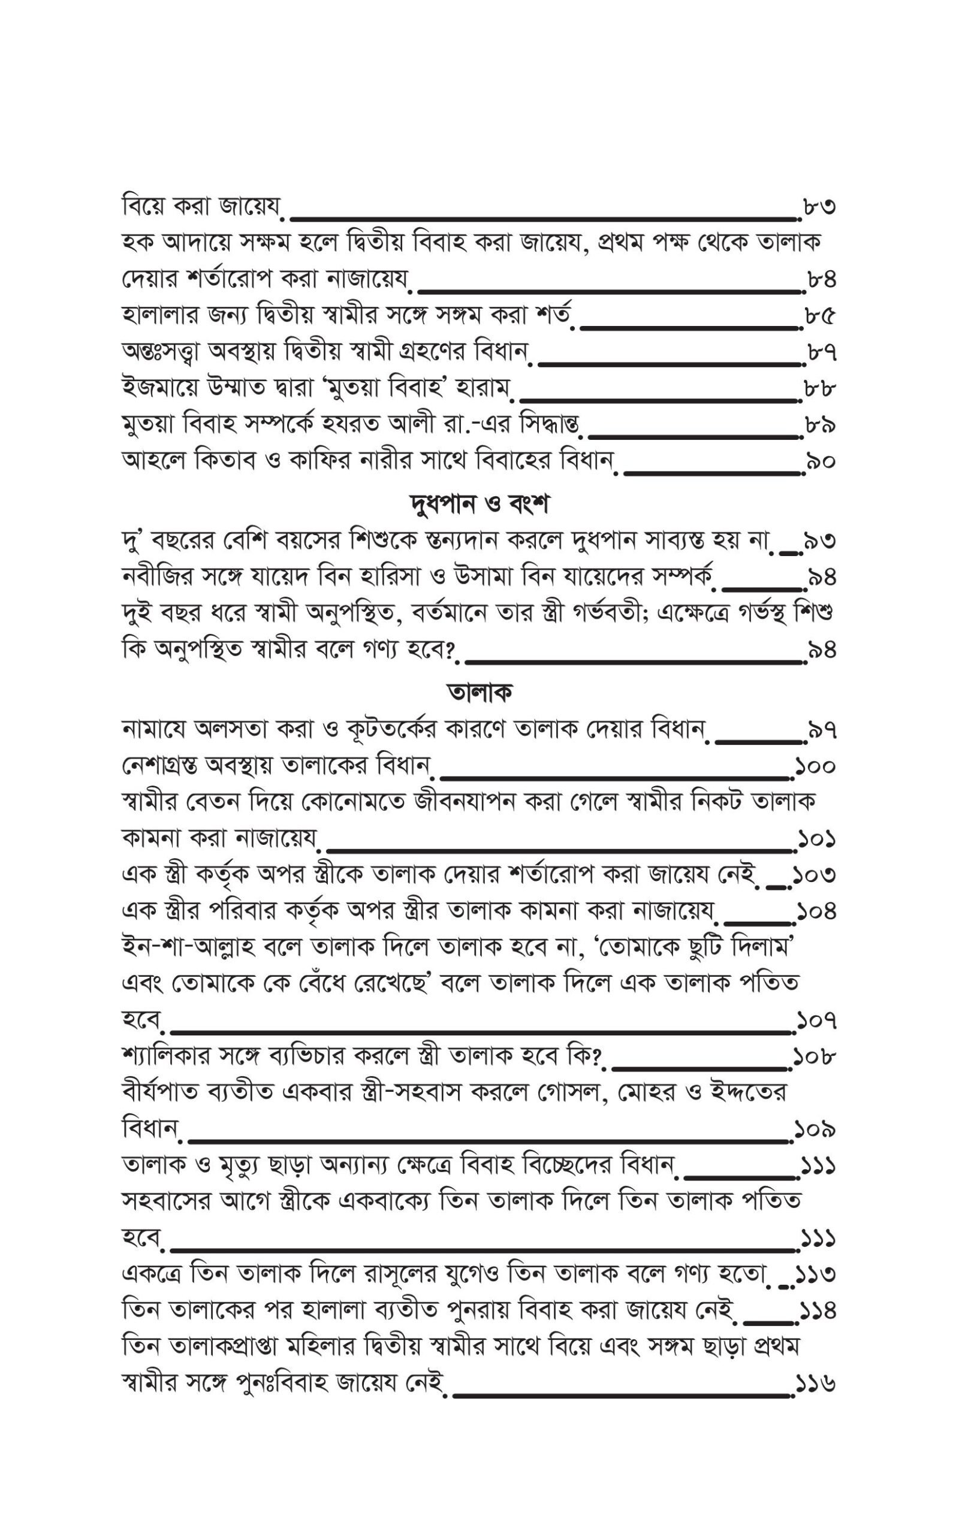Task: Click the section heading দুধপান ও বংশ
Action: (x=479, y=505)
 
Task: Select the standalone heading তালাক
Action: (x=479, y=691)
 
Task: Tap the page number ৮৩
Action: (x=818, y=207)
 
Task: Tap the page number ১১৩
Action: (x=816, y=1274)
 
